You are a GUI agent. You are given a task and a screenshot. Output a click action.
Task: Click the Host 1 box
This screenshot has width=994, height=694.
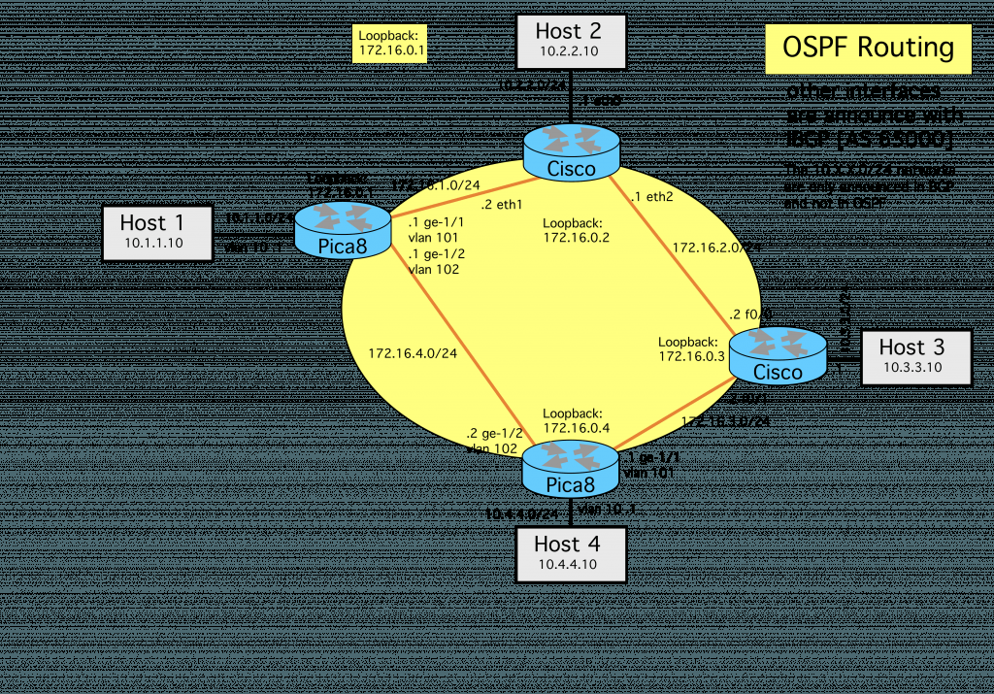coord(157,233)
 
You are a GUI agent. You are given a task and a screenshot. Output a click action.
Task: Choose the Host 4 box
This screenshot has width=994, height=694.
coord(570,554)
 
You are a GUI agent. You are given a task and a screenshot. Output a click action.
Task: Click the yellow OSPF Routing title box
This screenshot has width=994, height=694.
coord(867,49)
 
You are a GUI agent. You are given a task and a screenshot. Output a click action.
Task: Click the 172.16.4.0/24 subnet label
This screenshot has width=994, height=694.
coord(413,354)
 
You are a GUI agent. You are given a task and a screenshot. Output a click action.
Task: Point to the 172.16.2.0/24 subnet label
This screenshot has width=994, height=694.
coord(716,248)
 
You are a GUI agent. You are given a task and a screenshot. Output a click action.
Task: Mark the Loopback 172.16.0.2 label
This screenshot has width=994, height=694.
coord(582,229)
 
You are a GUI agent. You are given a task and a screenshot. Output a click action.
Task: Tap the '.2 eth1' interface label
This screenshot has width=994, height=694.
coord(503,205)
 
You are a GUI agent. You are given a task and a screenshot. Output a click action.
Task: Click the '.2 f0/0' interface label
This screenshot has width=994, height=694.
coord(751,315)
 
